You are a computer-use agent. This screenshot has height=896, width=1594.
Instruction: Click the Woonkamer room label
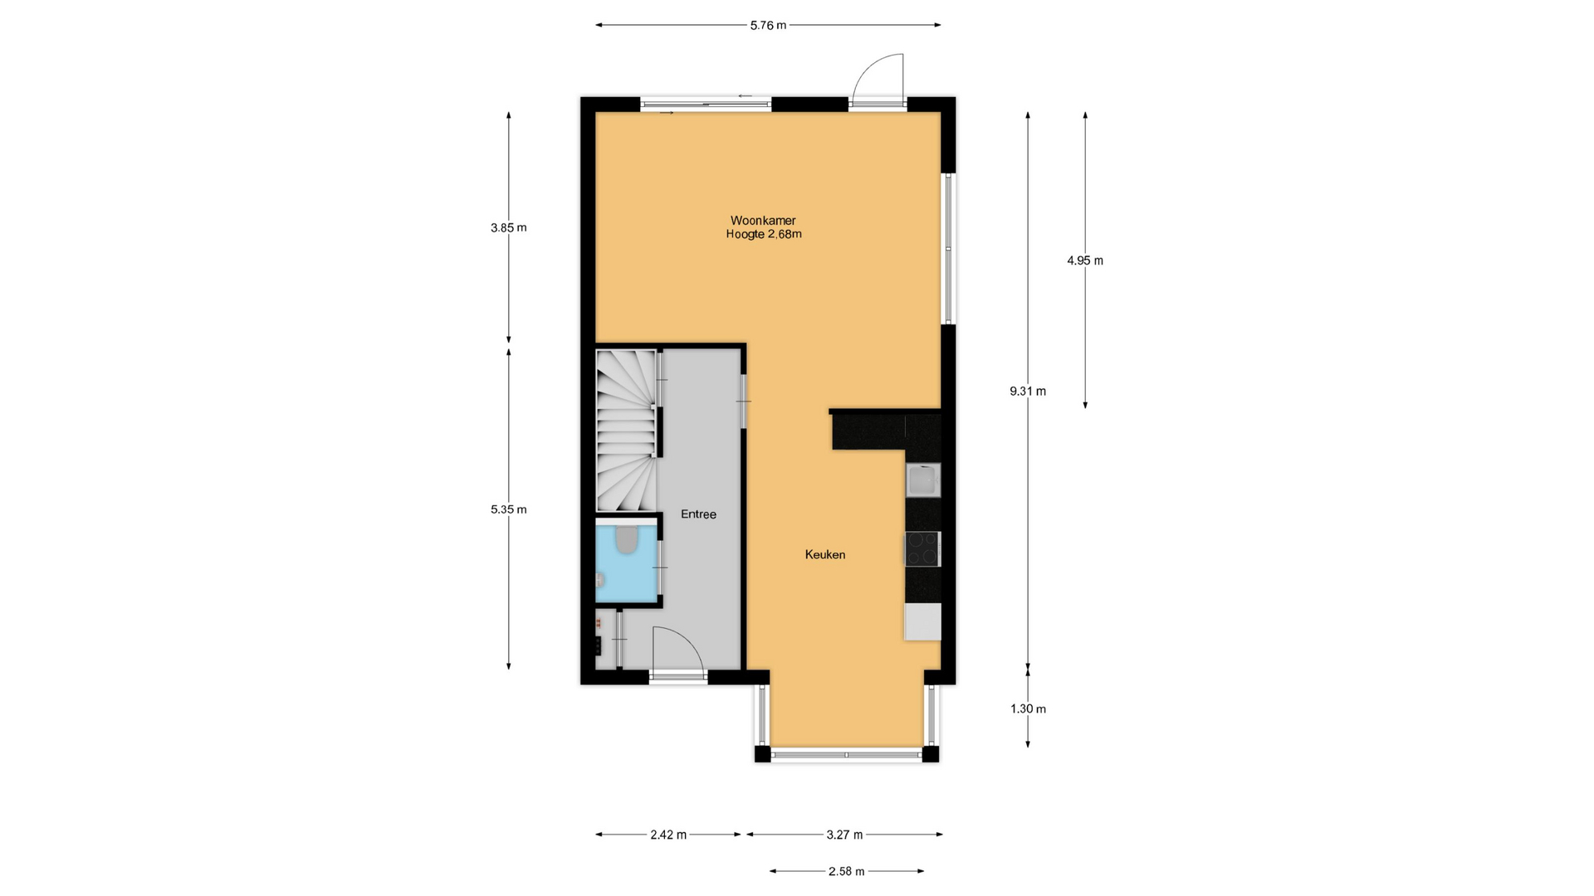[x=763, y=221]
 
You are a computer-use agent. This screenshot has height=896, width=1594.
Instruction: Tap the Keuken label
[x=825, y=555]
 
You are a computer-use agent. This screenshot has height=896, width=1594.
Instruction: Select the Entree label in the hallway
[x=698, y=514]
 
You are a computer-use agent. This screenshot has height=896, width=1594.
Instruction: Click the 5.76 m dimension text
[x=768, y=26]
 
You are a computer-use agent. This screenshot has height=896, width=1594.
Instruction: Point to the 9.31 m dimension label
[x=1028, y=392]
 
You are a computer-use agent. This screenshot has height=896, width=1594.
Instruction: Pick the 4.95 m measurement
[x=1085, y=261]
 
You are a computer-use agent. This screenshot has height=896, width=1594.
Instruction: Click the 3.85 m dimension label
[x=508, y=228]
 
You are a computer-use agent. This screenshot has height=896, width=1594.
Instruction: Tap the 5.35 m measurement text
[x=508, y=510]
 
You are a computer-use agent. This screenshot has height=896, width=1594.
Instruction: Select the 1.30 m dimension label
[x=1028, y=709]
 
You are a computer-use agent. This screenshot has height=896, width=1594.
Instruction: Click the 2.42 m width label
[x=668, y=835]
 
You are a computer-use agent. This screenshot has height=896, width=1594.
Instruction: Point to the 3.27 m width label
[x=844, y=835]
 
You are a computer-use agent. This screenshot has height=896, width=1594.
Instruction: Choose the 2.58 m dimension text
[x=846, y=872]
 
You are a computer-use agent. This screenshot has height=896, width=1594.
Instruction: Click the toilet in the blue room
[x=627, y=540]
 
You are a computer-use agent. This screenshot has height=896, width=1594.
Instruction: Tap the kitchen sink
[x=923, y=480]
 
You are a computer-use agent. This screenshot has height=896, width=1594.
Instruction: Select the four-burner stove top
[x=922, y=549]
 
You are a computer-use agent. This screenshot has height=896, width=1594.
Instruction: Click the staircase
[x=627, y=430]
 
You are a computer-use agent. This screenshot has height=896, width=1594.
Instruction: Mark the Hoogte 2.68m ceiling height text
[x=764, y=235]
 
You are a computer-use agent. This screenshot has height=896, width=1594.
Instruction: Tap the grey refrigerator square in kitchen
[x=922, y=621]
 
